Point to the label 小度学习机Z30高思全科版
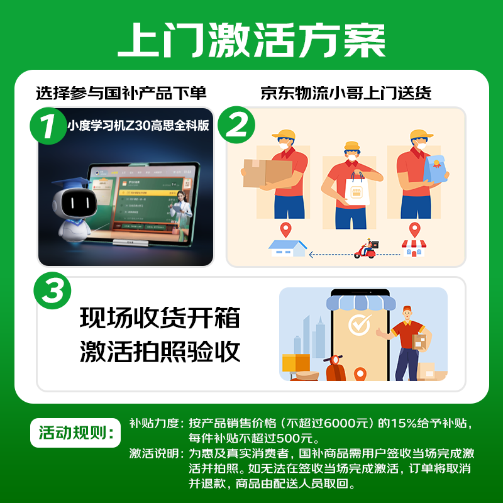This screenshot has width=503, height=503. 138,124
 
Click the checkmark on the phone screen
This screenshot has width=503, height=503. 360,324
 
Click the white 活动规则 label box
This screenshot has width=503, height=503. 75,433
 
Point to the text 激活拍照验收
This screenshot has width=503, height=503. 160,351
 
